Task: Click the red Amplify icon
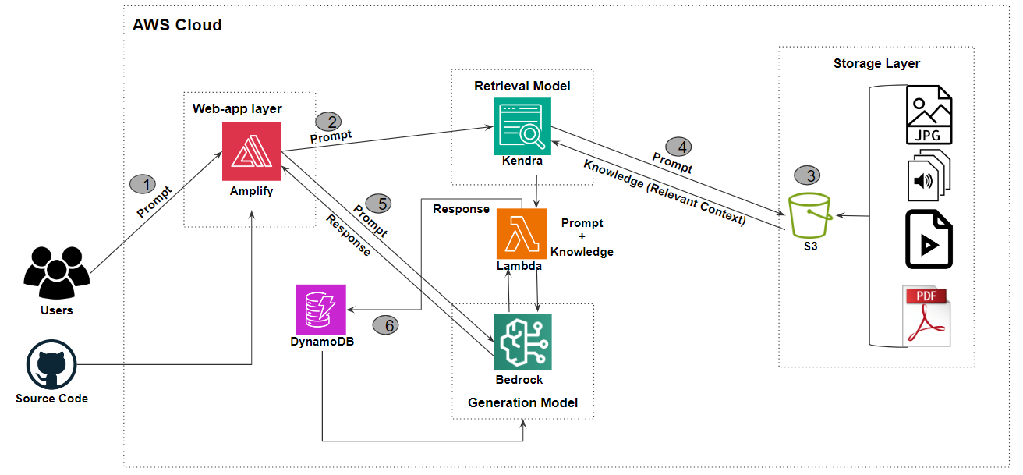[x=251, y=151]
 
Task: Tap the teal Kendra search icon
[x=522, y=126]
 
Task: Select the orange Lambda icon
[x=522, y=233]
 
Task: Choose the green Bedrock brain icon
[x=522, y=342]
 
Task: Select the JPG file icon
[x=929, y=115]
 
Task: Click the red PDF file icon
[x=927, y=315]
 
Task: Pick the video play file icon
[x=929, y=239]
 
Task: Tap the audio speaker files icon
[x=927, y=178]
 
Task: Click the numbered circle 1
[x=143, y=184]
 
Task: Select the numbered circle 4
[x=678, y=146]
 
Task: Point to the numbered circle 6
[x=385, y=325]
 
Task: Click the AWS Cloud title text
[x=177, y=25]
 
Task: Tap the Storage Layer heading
[x=876, y=63]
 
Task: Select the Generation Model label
[x=522, y=402]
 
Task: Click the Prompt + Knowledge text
[x=582, y=237]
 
